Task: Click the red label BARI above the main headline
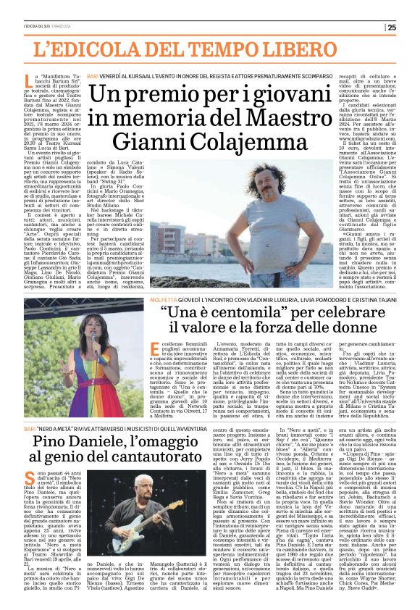91,75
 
